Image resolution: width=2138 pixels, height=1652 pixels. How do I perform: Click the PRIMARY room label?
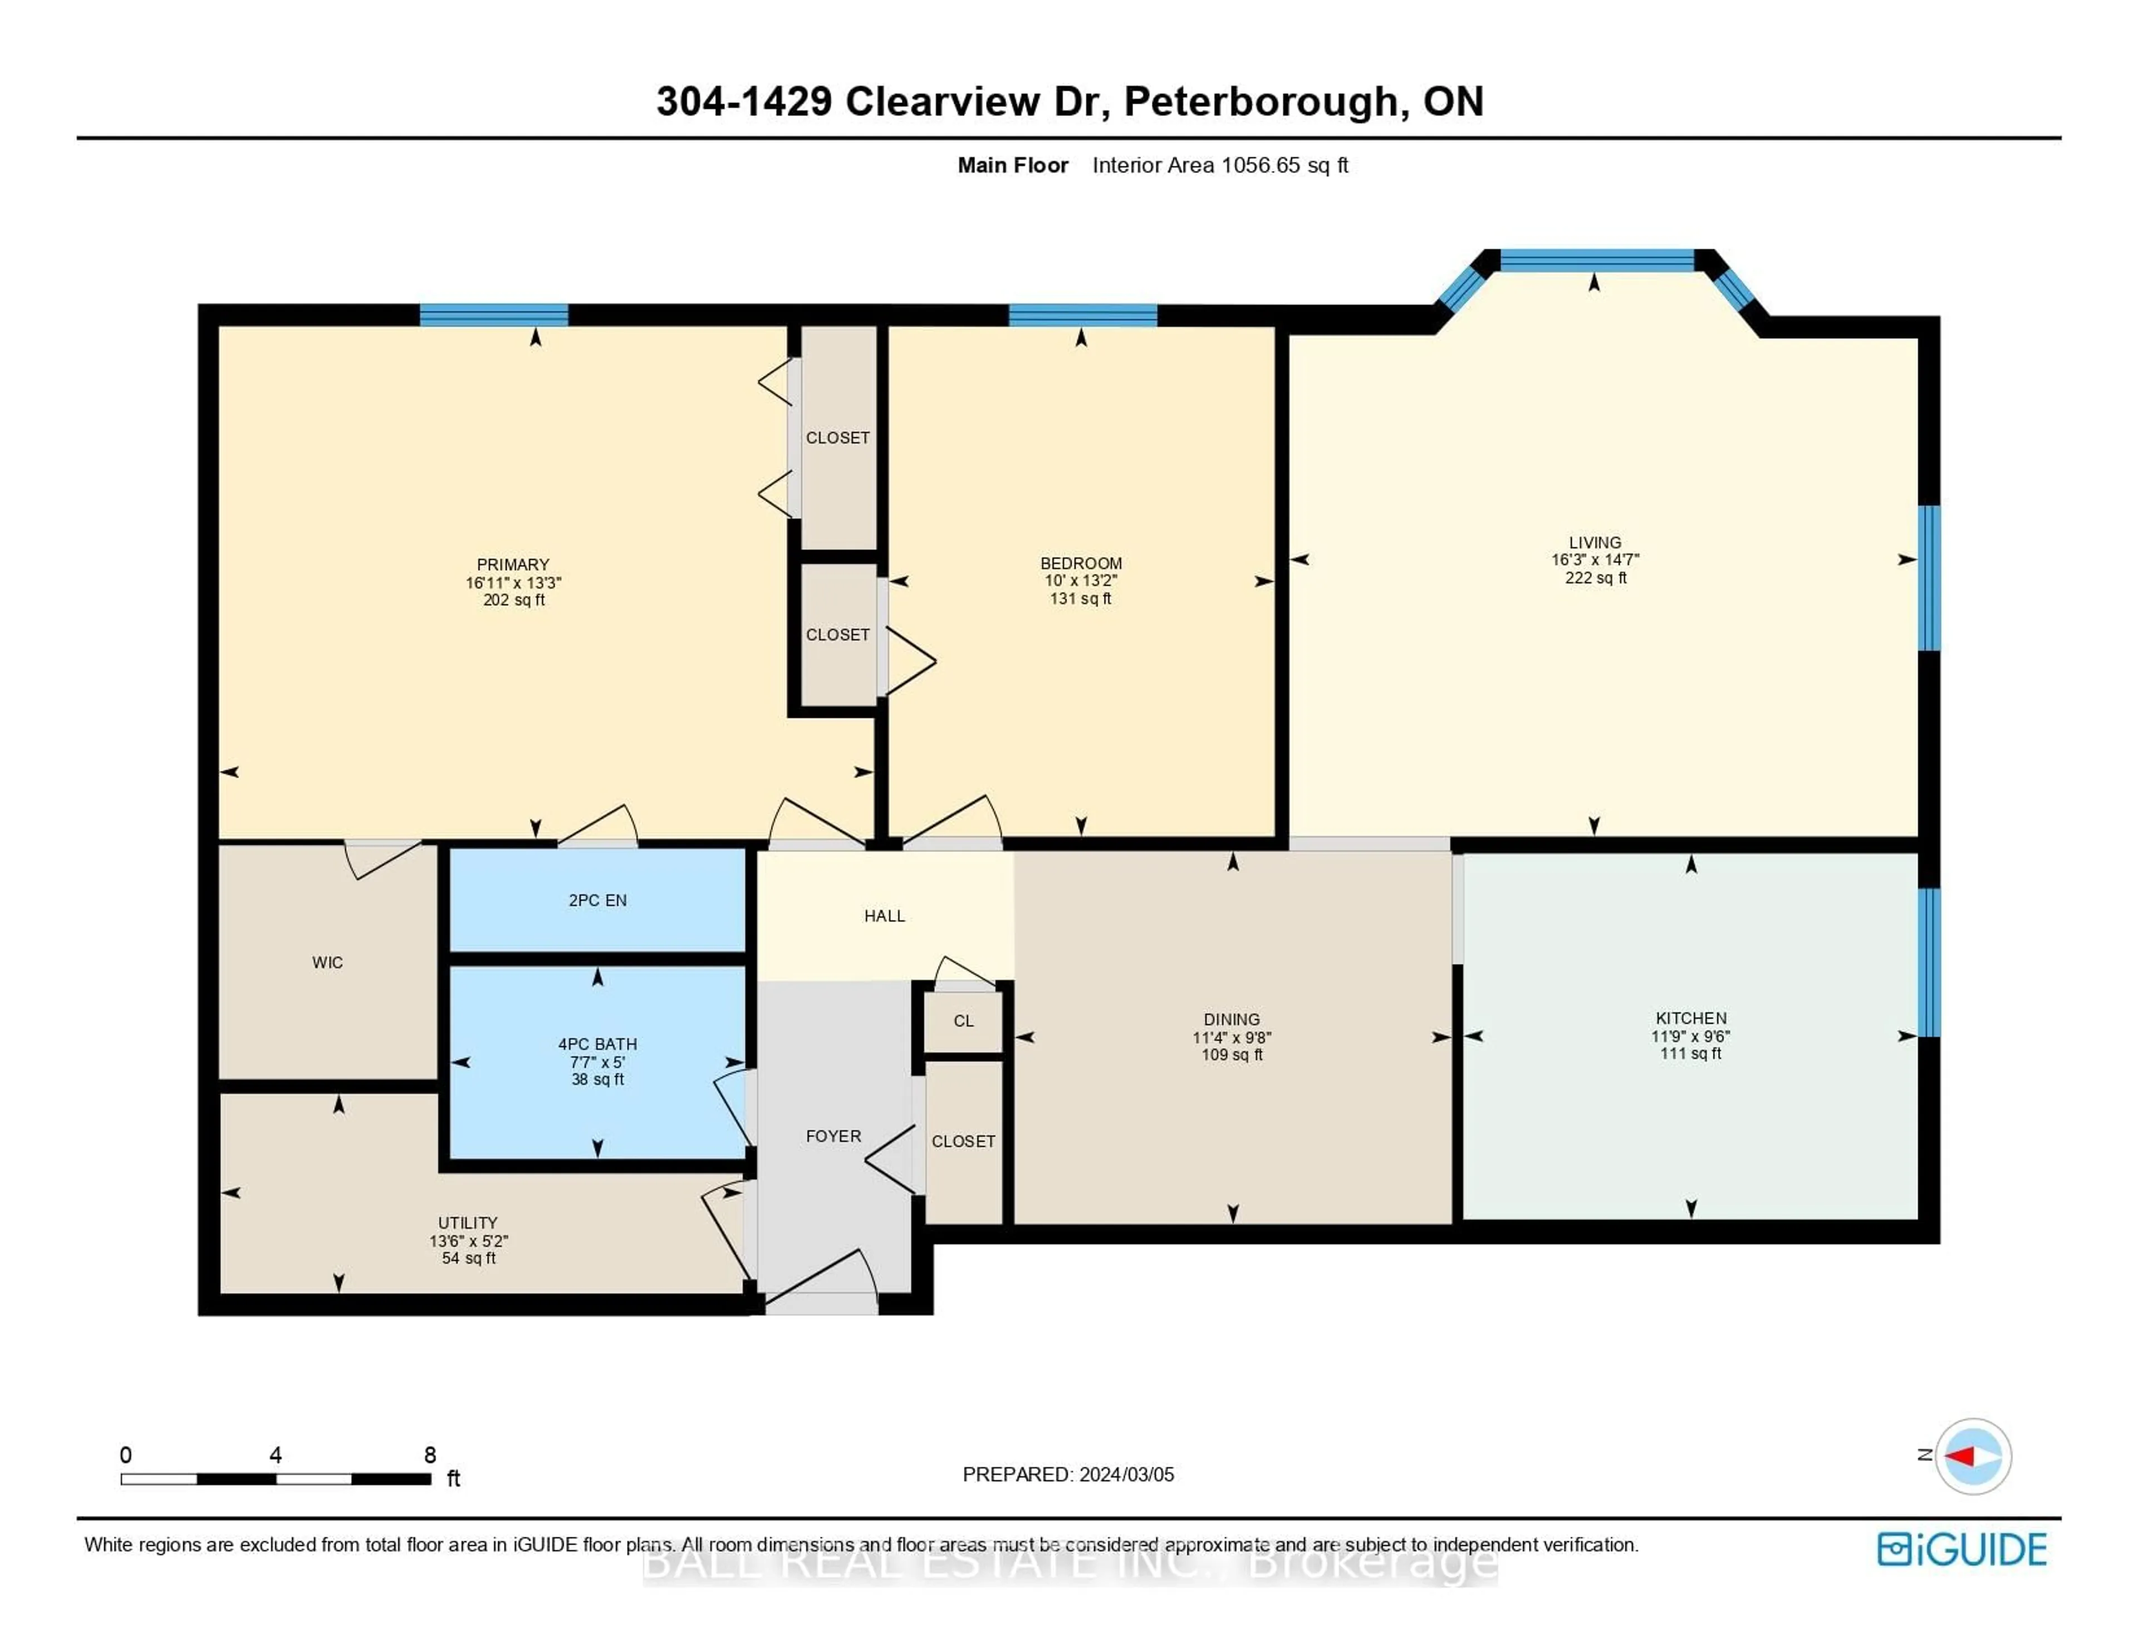(x=512, y=564)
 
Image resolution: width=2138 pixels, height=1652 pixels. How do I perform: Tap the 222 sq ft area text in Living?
(x=1595, y=578)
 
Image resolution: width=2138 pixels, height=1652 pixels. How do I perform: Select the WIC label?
(x=327, y=963)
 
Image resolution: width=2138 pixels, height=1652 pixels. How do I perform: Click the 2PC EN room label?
(x=597, y=900)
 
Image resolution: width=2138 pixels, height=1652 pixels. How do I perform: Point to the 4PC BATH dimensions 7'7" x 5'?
(x=597, y=1061)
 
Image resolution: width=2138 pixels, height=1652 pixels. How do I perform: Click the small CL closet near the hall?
(x=963, y=1021)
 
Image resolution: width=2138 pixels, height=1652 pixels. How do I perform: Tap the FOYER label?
(x=833, y=1136)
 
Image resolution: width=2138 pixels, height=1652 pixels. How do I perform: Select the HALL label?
(x=884, y=915)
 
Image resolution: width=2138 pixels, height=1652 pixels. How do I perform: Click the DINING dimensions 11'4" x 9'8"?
(x=1232, y=1037)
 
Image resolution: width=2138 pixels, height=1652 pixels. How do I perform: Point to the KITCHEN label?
(x=1690, y=1018)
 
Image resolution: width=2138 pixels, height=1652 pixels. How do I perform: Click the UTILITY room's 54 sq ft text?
(x=468, y=1258)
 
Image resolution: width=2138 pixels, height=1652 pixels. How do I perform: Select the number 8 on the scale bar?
(x=430, y=1455)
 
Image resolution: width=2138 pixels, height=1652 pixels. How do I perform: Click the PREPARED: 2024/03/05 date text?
(x=1068, y=1474)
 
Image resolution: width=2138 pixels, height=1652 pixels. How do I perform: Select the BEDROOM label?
(x=1081, y=563)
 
